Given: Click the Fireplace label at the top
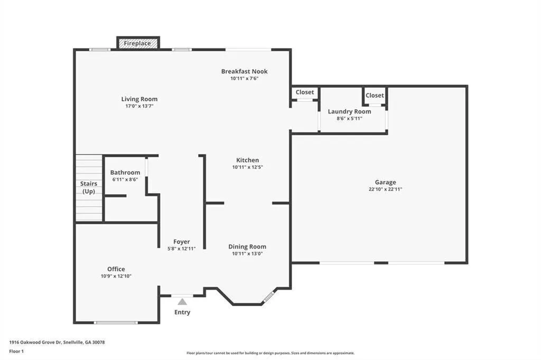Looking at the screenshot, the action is (137, 43).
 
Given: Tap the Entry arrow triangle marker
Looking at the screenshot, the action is (182, 302).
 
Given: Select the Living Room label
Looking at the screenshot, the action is (139, 99).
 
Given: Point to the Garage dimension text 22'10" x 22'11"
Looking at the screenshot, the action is (385, 189).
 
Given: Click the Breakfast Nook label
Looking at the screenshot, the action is (244, 71).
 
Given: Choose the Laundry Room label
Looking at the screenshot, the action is (350, 111).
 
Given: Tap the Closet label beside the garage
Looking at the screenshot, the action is (375, 95).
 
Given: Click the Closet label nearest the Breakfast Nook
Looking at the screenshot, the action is (305, 92).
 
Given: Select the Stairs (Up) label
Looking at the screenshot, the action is (89, 187).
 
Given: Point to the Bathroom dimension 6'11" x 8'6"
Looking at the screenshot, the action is (125, 179).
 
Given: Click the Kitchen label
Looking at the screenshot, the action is (248, 160).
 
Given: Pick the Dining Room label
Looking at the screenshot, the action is (247, 247).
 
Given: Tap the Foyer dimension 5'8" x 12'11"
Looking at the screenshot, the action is (182, 248).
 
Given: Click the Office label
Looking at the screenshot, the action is (116, 269).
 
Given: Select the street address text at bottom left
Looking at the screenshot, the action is (57, 343).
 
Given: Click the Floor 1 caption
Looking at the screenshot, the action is (16, 352).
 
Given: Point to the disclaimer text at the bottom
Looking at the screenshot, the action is (270, 353).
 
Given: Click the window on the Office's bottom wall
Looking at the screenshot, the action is (116, 323).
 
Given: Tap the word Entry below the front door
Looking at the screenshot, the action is (182, 312).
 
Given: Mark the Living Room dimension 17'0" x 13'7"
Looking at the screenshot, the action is (139, 106).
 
